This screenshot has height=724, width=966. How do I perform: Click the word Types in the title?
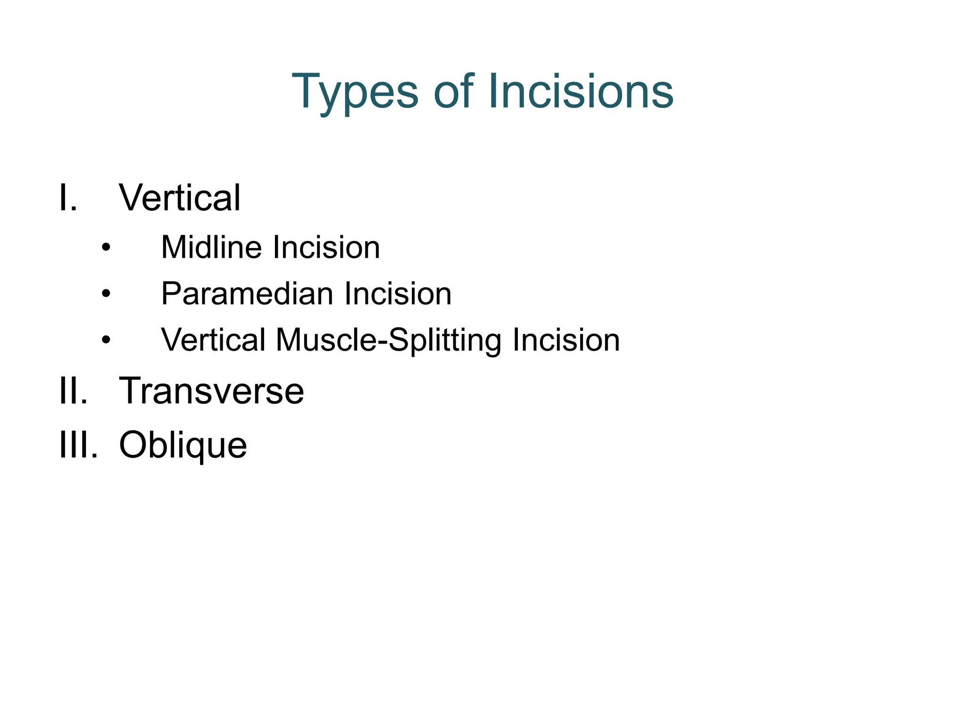(x=355, y=92)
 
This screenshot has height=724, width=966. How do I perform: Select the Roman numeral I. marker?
(x=68, y=197)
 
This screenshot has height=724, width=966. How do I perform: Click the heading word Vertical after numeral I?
(x=180, y=197)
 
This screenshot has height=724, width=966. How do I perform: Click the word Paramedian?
(x=248, y=293)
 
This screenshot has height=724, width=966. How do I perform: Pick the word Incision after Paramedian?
(x=398, y=293)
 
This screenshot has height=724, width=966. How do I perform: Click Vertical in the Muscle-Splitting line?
(x=213, y=339)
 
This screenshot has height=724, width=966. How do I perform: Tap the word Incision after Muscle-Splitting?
(x=566, y=339)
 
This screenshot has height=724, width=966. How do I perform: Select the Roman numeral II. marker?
(x=73, y=391)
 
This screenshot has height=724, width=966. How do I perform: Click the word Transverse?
(x=211, y=391)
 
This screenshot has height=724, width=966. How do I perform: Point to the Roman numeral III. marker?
(x=78, y=444)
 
